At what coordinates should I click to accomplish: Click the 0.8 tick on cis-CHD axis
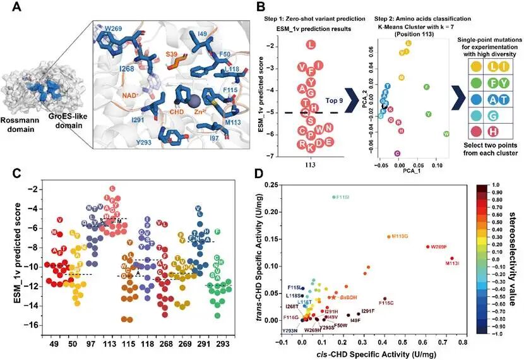click(x=463, y=341)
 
